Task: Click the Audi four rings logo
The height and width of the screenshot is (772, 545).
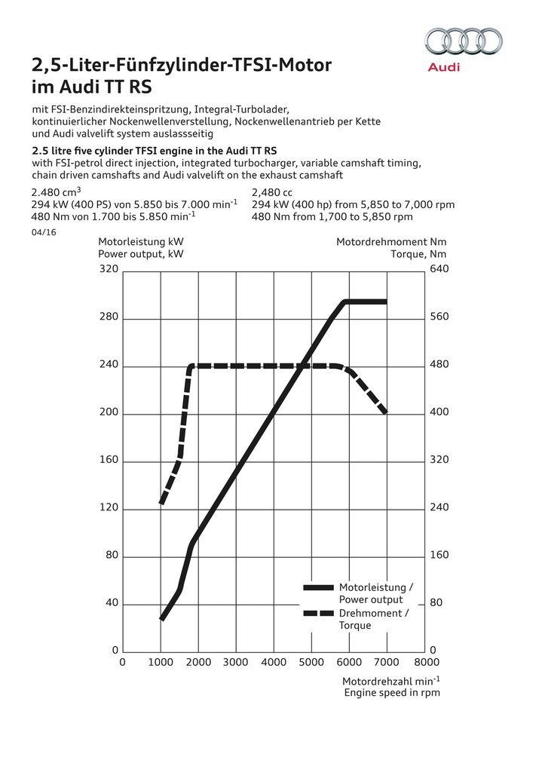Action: click(x=464, y=41)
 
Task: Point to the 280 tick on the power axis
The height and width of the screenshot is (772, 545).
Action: click(x=109, y=317)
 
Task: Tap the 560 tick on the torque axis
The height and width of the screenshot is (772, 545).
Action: click(x=439, y=317)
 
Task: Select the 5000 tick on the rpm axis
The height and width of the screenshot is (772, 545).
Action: click(x=311, y=663)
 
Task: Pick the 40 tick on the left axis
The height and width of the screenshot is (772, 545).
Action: click(x=111, y=603)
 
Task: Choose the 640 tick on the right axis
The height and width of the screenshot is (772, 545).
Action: click(x=439, y=269)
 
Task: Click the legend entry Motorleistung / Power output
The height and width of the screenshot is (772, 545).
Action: click(x=375, y=593)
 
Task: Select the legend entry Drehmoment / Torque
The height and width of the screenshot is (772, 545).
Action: click(x=374, y=619)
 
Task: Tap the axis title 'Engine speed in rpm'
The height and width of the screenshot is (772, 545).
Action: click(x=392, y=692)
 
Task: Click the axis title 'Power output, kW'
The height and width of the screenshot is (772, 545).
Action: click(x=141, y=254)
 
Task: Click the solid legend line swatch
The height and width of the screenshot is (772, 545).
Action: click(x=317, y=587)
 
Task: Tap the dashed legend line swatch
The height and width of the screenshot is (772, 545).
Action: click(x=317, y=613)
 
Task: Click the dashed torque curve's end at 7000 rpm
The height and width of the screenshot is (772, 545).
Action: click(x=385, y=412)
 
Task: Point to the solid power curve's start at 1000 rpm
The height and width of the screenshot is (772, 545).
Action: click(x=162, y=618)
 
